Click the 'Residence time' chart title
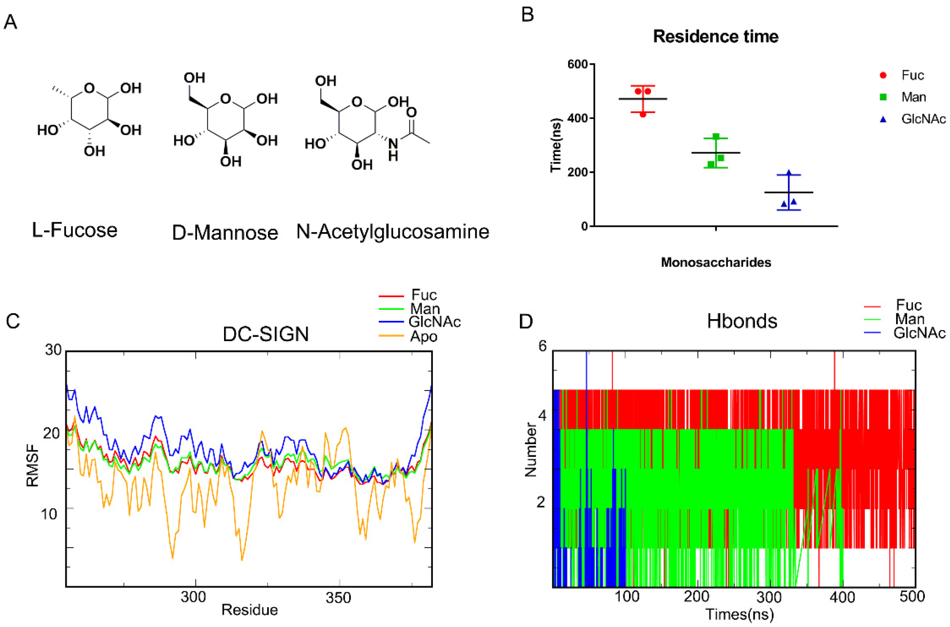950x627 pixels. pyautogui.click(x=715, y=36)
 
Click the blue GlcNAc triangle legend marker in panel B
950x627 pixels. pyautogui.click(x=883, y=119)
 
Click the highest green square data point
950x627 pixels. pyautogui.click(x=716, y=137)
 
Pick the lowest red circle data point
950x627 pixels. pyautogui.click(x=643, y=115)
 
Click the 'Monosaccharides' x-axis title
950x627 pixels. pyautogui.click(x=715, y=262)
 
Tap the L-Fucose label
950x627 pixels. pyautogui.click(x=74, y=230)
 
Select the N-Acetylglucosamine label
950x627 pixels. pyautogui.click(x=393, y=232)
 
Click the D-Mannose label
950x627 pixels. pyautogui.click(x=225, y=233)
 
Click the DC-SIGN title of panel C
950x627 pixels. pyautogui.click(x=266, y=334)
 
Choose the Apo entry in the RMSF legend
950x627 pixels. pyautogui.click(x=423, y=336)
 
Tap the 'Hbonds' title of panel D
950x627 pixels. pyautogui.click(x=742, y=321)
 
